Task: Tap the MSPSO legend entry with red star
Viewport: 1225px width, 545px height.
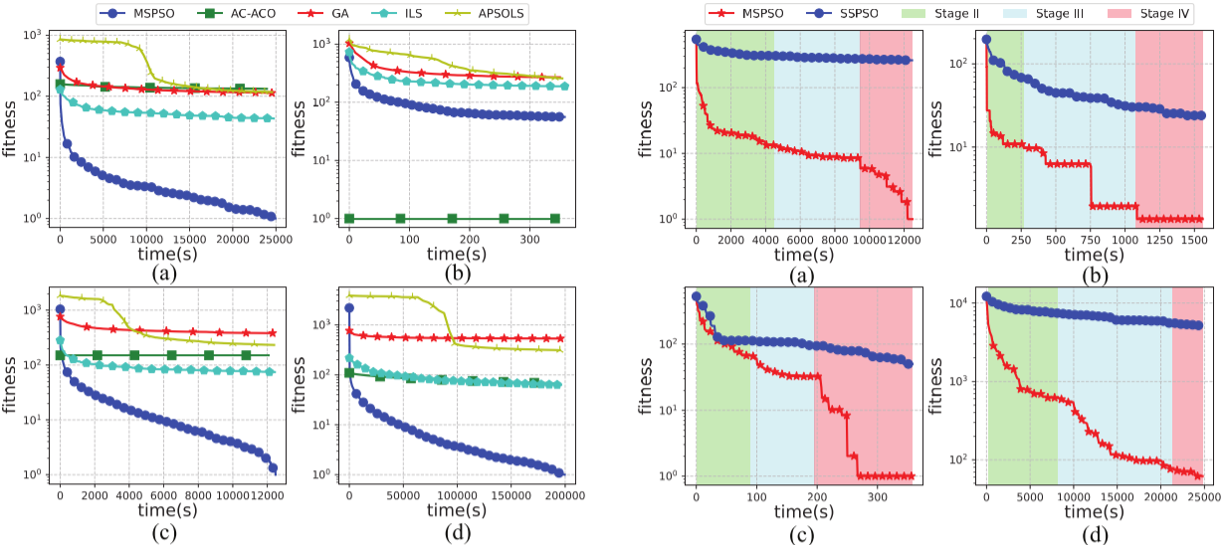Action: click(x=732, y=14)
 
